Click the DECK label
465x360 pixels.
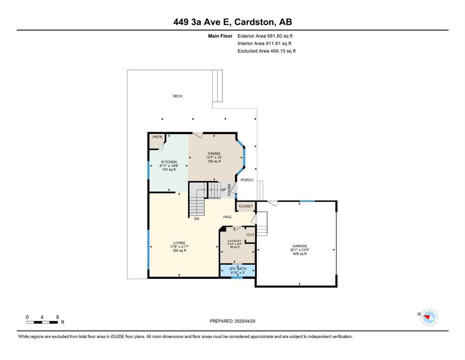[177, 96]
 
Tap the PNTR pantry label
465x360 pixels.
[157, 137]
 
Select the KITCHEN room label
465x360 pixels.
[169, 162]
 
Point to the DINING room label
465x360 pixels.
[214, 154]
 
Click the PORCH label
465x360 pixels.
[247, 180]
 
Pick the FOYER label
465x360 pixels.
[229, 190]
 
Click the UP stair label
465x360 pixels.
[223, 190]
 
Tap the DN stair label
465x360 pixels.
[197, 219]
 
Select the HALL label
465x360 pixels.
[228, 217]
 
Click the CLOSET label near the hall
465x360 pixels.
[246, 206]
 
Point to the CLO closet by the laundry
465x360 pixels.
[251, 234]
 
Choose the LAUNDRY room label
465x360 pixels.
[235, 241]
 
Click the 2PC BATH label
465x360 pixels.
[238, 269]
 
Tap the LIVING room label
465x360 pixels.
[179, 243]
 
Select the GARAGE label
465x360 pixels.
[300, 246]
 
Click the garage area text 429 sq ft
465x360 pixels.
[300, 254]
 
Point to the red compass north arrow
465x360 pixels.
[427, 317]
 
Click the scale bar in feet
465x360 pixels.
[42, 322]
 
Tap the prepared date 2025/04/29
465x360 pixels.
[245, 321]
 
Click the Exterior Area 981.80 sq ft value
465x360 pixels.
[280, 36]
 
